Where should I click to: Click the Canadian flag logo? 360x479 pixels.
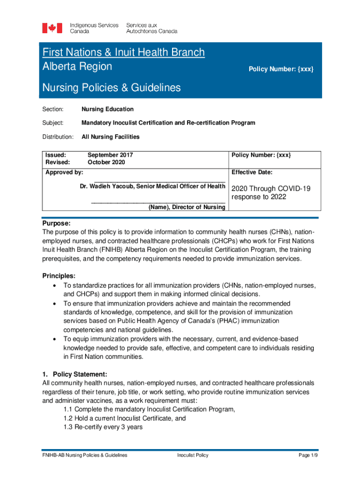tap(52, 28)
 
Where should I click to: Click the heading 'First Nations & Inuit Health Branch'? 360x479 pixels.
tap(123, 52)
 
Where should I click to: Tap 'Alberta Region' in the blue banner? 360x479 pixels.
tap(77, 66)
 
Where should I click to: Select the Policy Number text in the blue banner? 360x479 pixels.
tap(281, 69)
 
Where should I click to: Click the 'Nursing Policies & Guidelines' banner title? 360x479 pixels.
tap(111, 87)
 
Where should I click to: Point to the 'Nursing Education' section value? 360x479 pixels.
tap(108, 109)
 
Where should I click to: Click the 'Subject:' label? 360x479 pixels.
tap(53, 123)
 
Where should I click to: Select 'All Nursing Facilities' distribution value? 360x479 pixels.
tap(110, 137)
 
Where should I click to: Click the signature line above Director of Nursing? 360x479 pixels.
tap(158, 203)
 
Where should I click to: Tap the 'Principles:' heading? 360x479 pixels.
tap(58, 276)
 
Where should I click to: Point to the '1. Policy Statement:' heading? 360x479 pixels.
tap(75, 374)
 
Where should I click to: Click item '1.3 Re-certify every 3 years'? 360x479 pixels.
tap(103, 427)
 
